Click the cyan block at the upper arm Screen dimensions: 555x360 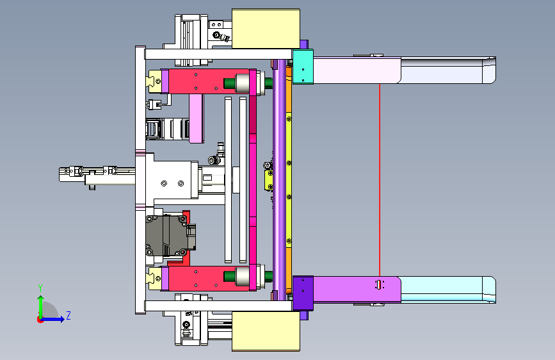303,67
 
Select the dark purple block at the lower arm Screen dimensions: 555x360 303,293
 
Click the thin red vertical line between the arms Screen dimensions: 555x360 380,180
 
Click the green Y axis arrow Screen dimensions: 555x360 41,306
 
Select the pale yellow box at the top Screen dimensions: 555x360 266,29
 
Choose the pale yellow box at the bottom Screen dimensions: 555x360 266,331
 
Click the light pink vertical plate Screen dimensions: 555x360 196,119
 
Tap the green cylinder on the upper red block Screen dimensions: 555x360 229,83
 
